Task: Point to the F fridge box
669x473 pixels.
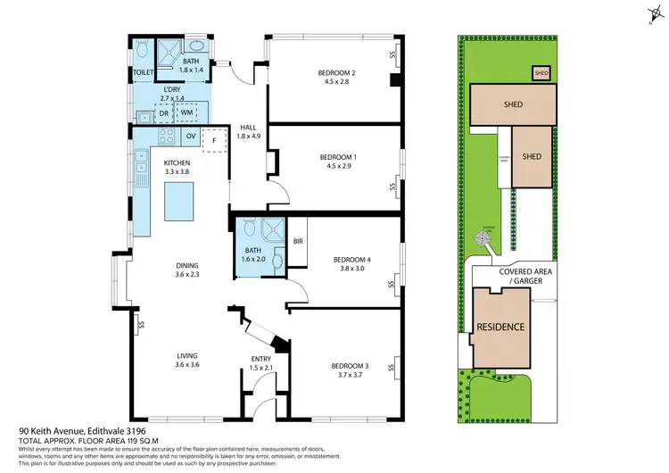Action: pos(214,141)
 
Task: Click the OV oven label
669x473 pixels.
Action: pos(190,136)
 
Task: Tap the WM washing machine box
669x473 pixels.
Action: pos(186,112)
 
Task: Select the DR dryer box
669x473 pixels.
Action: pos(163,113)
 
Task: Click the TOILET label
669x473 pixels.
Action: pos(144,72)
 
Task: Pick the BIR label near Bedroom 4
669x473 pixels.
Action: pos(300,241)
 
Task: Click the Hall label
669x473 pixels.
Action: pos(248,128)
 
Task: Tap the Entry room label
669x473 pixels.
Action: pos(260,360)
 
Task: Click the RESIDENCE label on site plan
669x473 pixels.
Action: pos(500,327)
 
